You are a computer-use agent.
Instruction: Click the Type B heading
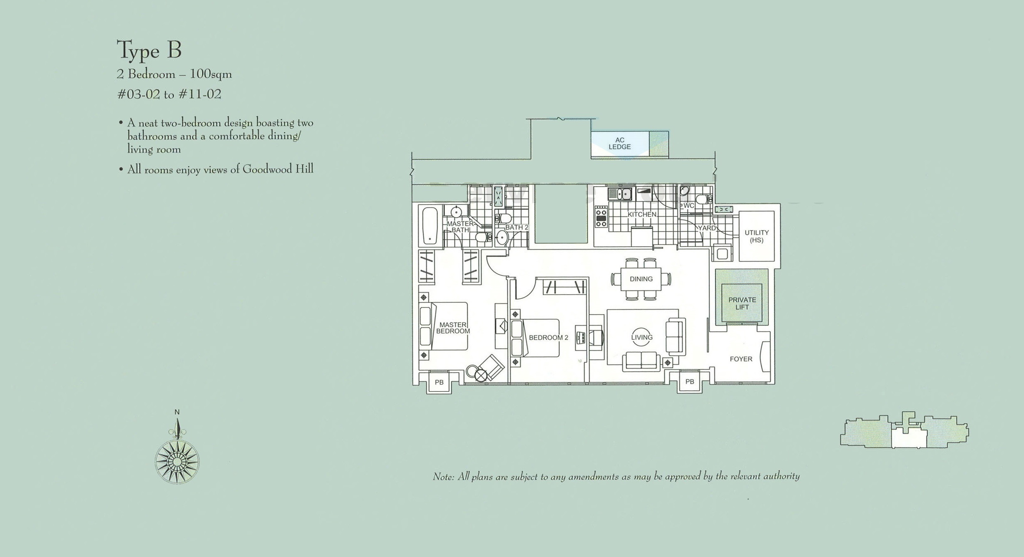[x=149, y=50]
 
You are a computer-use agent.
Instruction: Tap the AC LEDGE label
[x=619, y=144]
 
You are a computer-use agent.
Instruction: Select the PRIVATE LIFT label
[x=742, y=303]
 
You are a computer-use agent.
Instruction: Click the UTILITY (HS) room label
[x=756, y=236]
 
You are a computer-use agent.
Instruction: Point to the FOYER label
[x=741, y=359]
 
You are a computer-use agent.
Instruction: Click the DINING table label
[x=641, y=279]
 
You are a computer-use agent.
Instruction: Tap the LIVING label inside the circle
[x=642, y=337]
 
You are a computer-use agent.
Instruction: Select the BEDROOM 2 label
[x=548, y=338]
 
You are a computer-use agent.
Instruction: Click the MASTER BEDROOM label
[x=453, y=328]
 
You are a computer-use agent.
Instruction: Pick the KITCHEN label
[x=642, y=214]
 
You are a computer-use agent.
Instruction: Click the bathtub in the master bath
[x=430, y=226]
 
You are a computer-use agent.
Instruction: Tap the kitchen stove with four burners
[x=601, y=217]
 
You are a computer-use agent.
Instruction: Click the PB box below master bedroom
[x=439, y=382]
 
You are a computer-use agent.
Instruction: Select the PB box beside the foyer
[x=689, y=382]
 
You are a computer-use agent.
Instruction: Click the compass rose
[x=177, y=461]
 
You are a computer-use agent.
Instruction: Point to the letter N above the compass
[x=177, y=412]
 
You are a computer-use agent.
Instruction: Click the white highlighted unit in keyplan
[x=909, y=438]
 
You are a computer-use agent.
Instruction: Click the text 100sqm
[x=211, y=74]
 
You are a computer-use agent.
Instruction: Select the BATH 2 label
[x=516, y=228]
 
